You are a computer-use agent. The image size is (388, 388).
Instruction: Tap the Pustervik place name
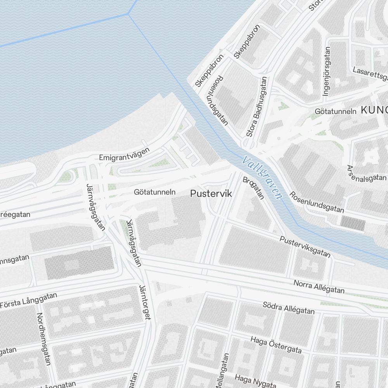211,194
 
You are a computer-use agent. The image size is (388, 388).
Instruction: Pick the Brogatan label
253,188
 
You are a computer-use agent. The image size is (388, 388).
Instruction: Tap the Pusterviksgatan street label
305,247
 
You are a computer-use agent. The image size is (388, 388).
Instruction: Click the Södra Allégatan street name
289,308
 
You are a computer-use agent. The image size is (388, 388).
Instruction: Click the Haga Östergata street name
276,345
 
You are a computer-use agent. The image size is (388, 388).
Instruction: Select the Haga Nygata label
255,381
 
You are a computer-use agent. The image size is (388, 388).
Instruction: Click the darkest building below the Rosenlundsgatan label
353,223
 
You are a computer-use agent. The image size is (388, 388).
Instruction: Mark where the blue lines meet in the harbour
128,14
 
